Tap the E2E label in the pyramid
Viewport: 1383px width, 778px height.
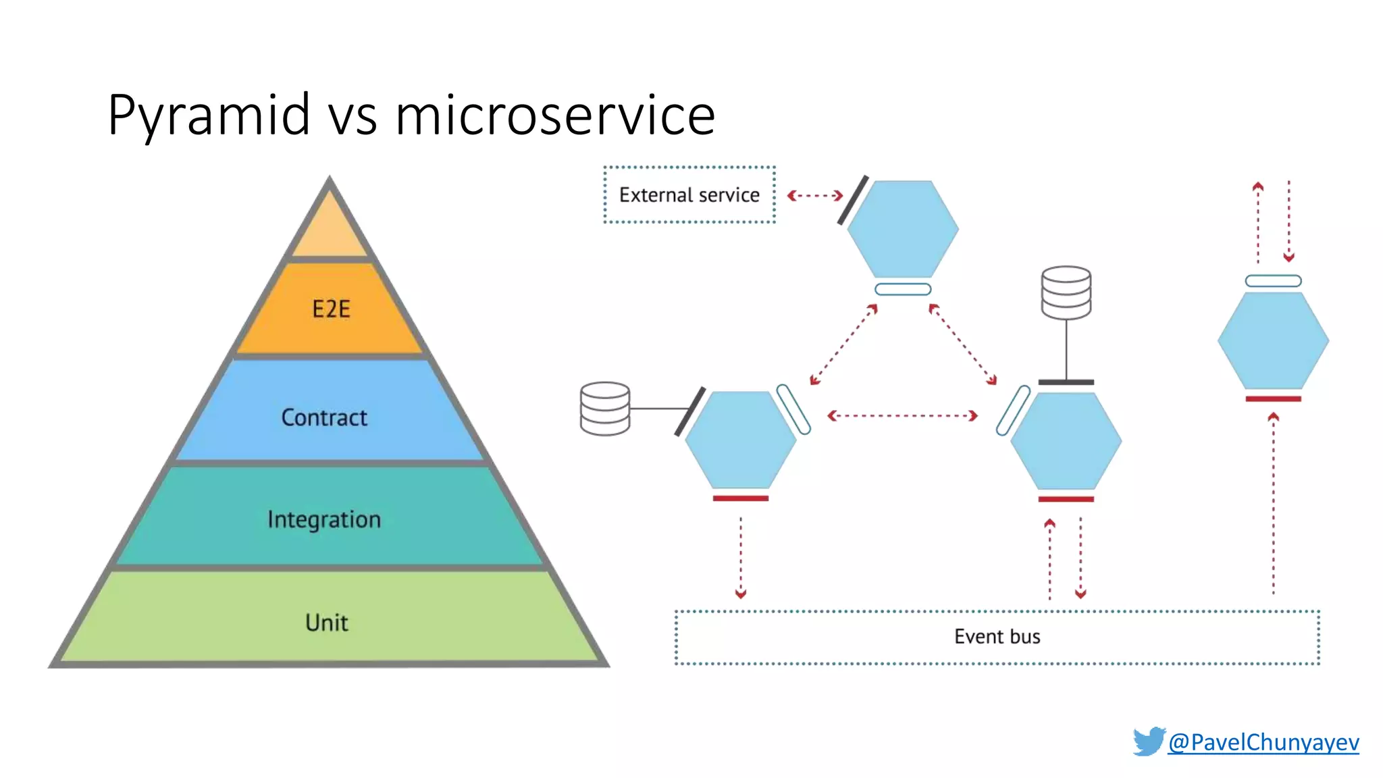coord(331,309)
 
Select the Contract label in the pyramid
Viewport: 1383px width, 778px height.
coord(324,417)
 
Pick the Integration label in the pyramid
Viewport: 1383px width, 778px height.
coord(324,519)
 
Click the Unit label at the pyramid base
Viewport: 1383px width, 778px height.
coord(327,622)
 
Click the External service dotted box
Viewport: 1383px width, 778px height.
coord(689,195)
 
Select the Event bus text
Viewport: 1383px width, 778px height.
coord(997,636)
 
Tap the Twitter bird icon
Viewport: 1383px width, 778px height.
coord(1149,741)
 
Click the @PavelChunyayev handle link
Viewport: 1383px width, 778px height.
coord(1263,742)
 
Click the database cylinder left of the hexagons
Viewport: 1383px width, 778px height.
coord(605,409)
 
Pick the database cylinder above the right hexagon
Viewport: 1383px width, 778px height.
coord(1066,292)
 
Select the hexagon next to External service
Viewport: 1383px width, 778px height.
coord(903,229)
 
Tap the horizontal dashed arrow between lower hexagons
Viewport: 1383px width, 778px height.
coord(903,415)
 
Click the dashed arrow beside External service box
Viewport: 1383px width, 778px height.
coord(815,196)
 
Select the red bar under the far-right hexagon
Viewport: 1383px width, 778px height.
coord(1273,399)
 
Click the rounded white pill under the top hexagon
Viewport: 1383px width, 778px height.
coord(903,289)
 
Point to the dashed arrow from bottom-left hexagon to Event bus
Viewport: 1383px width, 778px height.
coord(741,558)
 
